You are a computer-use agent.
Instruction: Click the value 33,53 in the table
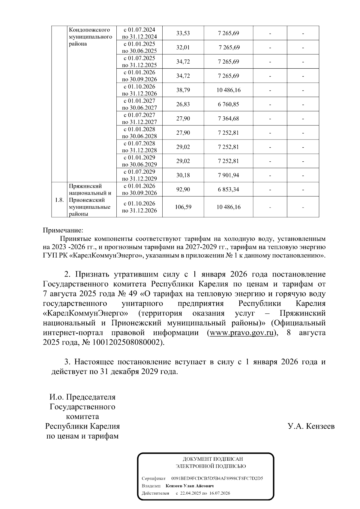[183, 33]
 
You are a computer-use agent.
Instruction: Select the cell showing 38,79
[183, 90]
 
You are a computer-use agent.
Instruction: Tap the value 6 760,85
[228, 104]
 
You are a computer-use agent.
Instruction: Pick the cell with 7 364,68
[228, 118]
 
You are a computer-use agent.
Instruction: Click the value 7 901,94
[228, 175]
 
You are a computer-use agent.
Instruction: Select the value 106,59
[183, 207]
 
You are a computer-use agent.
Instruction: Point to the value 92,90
[183, 190]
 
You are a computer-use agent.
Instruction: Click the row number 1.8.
[59, 200]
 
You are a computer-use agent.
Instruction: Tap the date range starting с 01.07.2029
[139, 175]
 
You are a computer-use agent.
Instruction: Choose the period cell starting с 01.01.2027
[139, 104]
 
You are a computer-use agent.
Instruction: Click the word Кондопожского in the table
[89, 30]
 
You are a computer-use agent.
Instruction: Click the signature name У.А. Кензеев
[311, 426]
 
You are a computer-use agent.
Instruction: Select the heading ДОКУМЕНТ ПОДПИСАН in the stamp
[213, 459]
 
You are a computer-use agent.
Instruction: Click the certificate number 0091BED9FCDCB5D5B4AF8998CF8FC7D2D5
[217, 478]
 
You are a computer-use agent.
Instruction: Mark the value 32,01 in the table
[183, 47]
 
